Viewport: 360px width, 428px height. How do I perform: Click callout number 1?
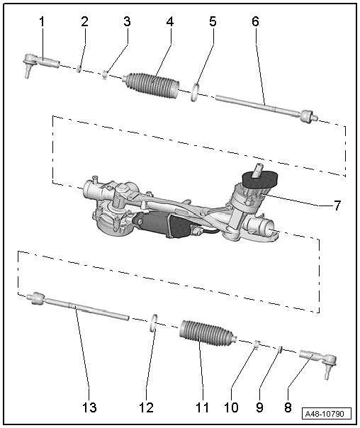pos(42,22)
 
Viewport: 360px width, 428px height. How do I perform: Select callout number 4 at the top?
pos(170,22)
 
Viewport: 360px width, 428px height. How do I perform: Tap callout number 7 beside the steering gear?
pos(337,205)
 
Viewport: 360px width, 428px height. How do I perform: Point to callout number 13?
pos(89,407)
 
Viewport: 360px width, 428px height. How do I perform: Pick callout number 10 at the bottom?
pos(231,407)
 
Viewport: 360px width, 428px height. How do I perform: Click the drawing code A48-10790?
pos(327,414)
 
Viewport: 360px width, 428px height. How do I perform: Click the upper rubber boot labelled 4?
pos(152,85)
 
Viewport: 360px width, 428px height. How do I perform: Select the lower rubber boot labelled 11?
pos(208,334)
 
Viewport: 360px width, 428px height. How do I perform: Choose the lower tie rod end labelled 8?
pos(319,361)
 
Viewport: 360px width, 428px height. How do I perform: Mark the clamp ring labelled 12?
pos(154,323)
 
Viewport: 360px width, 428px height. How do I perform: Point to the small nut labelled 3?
pos(105,74)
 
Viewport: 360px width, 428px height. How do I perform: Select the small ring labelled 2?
pos(79,69)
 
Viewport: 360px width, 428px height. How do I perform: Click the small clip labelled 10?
pos(257,343)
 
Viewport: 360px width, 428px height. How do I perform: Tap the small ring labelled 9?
pos(279,349)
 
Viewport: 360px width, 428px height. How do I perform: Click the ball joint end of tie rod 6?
pos(308,116)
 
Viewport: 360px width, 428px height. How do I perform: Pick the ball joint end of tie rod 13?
pos(36,298)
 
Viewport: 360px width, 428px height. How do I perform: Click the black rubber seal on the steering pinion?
pos(260,181)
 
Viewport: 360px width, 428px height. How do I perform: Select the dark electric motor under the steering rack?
pos(161,224)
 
